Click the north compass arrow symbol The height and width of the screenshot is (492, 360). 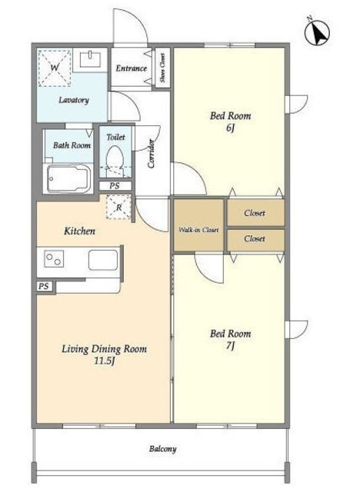tap(317, 32)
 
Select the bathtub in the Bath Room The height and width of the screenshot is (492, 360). tap(69, 178)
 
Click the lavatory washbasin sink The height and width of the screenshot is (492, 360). tap(91, 60)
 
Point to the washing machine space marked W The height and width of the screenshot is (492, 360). tap(55, 68)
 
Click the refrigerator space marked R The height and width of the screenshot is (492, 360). tap(118, 207)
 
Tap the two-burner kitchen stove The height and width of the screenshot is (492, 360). tap(54, 258)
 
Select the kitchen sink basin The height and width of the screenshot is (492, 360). tap(103, 260)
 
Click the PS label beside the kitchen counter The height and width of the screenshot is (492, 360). tap(44, 287)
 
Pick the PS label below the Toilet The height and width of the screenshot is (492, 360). tap(115, 186)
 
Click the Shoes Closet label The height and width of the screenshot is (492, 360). tap(162, 67)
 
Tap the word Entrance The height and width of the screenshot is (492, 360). tap(132, 68)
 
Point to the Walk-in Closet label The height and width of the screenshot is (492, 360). tap(198, 230)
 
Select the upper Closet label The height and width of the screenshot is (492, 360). tap(255, 213)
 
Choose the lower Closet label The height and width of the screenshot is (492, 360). tap(255, 238)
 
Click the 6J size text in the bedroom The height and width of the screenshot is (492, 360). tap(230, 128)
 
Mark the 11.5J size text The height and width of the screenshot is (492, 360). tap(104, 361)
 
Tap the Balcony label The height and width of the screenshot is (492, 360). tap(162, 449)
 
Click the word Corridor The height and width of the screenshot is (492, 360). tap(152, 154)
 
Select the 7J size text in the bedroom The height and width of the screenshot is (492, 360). tap(230, 346)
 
